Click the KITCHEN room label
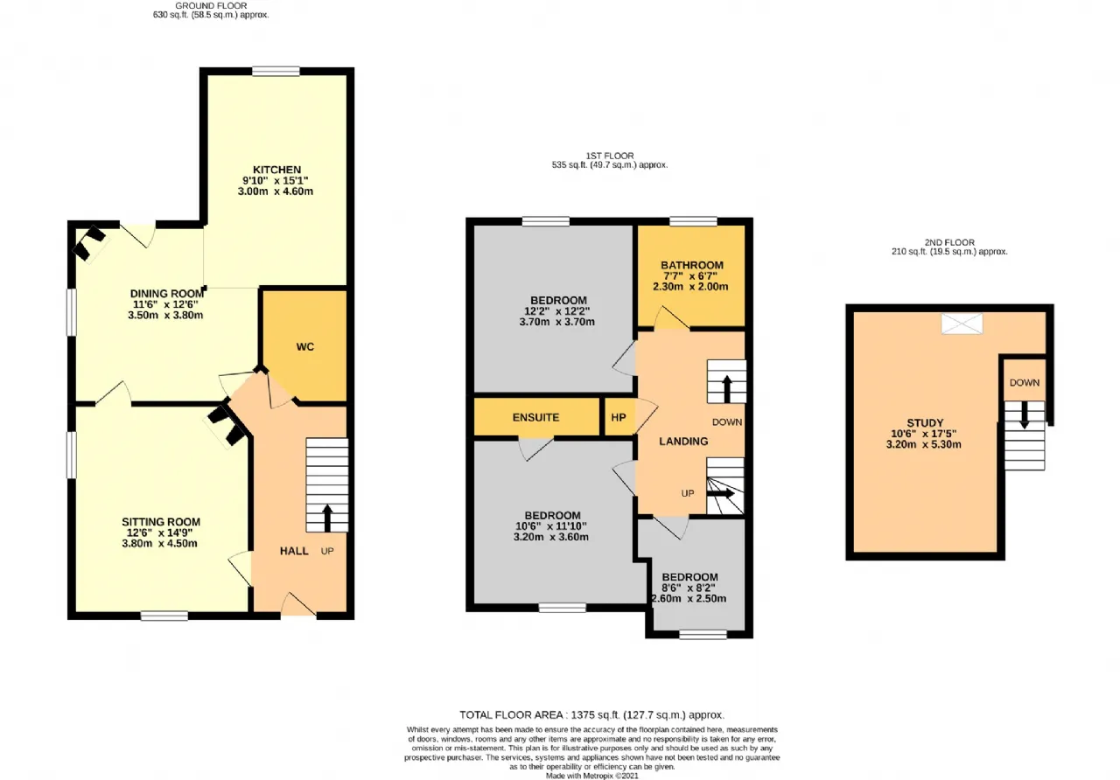tap(276, 170)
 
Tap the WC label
tap(305, 347)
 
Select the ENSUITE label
tap(535, 417)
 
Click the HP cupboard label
tap(619, 417)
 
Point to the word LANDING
tap(683, 442)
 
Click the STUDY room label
tap(925, 422)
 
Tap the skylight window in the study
tap(962, 324)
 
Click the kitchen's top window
tap(276, 72)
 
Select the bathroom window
tap(693, 221)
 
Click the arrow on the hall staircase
tap(327, 519)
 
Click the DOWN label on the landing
tap(727, 422)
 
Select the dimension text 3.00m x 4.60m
tap(276, 192)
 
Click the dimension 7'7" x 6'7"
tap(690, 276)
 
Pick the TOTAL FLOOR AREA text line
tap(592, 714)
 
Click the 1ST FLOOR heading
tap(610, 156)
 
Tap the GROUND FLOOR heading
tap(211, 5)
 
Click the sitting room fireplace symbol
tap(227, 426)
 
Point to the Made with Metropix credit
tap(592, 776)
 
